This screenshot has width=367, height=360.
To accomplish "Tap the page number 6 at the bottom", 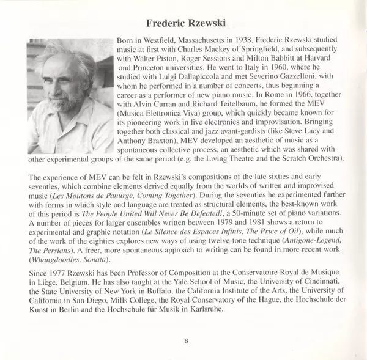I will point(184,341).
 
